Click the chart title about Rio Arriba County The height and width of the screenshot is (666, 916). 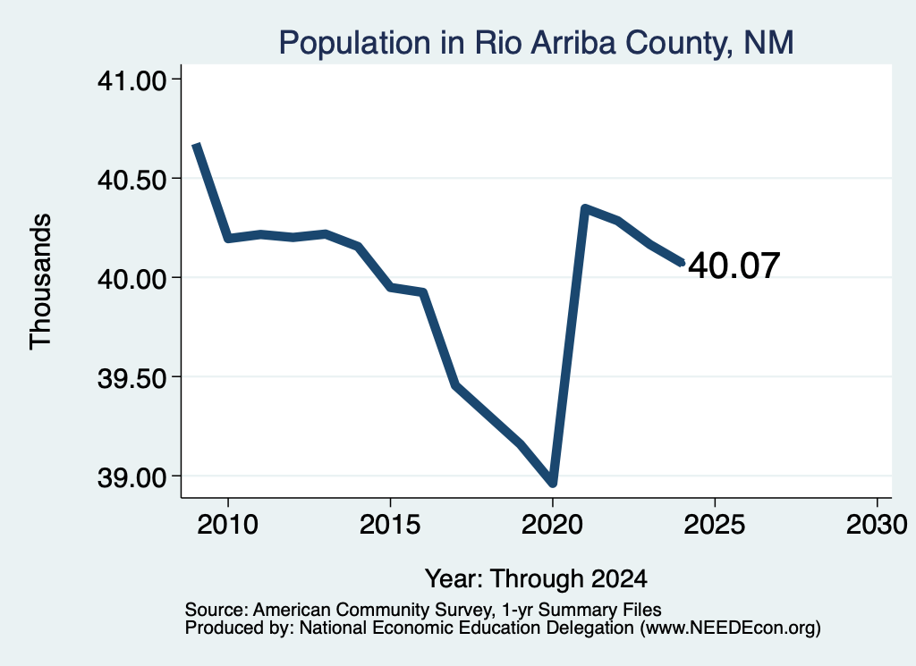pyautogui.click(x=536, y=43)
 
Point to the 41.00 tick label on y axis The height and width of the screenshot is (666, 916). pyautogui.click(x=132, y=80)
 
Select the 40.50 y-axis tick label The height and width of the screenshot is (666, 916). pyautogui.click(x=132, y=180)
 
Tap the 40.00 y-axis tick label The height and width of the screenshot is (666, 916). pyautogui.click(x=132, y=279)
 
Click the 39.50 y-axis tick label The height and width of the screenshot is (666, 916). pyautogui.click(x=132, y=378)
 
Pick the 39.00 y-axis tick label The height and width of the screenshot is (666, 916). pyautogui.click(x=132, y=477)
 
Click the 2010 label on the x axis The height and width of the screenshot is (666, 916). pyautogui.click(x=227, y=525)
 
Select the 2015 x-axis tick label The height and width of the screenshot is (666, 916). pyautogui.click(x=390, y=525)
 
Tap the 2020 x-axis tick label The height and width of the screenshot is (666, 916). pyautogui.click(x=552, y=525)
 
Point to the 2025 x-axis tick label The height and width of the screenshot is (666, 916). pyautogui.click(x=715, y=525)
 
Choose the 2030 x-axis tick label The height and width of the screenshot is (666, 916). pyautogui.click(x=877, y=525)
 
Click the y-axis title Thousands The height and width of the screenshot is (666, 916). pyautogui.click(x=41, y=282)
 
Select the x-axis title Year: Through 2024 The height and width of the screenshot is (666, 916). pyautogui.click(x=537, y=579)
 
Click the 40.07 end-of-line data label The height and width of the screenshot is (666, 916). pyautogui.click(x=734, y=266)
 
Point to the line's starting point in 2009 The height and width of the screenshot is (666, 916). pyautogui.click(x=196, y=144)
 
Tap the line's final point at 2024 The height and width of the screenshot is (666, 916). pyautogui.click(x=681, y=262)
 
